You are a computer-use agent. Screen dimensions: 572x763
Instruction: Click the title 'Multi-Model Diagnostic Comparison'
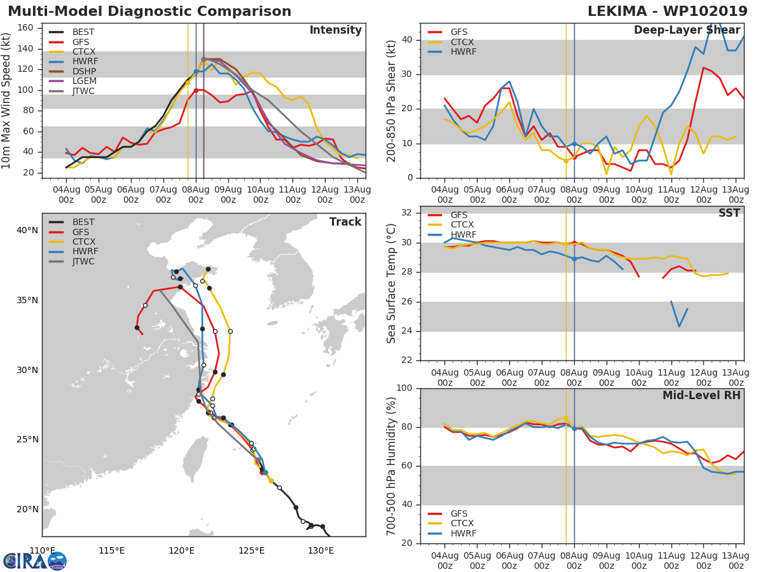(x=149, y=11)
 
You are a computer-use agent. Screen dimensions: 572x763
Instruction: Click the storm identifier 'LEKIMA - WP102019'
(x=667, y=11)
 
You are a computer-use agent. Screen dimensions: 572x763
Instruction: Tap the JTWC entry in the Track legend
(x=83, y=262)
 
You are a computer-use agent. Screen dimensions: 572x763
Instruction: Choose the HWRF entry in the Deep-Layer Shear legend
(x=463, y=52)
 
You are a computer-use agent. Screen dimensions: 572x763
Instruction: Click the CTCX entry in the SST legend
(x=463, y=225)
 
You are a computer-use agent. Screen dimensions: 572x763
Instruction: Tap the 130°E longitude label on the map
(x=320, y=550)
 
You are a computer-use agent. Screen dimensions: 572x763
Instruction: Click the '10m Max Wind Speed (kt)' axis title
(x=7, y=100)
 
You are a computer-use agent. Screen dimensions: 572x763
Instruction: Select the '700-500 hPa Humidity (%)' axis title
(x=392, y=466)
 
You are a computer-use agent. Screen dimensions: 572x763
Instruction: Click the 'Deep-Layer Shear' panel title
(x=687, y=31)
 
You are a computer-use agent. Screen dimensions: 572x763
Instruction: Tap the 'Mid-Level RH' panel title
(x=701, y=395)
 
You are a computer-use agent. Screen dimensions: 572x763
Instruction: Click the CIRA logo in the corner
(x=34, y=561)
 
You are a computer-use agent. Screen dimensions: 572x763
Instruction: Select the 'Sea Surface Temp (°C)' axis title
(x=392, y=283)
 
